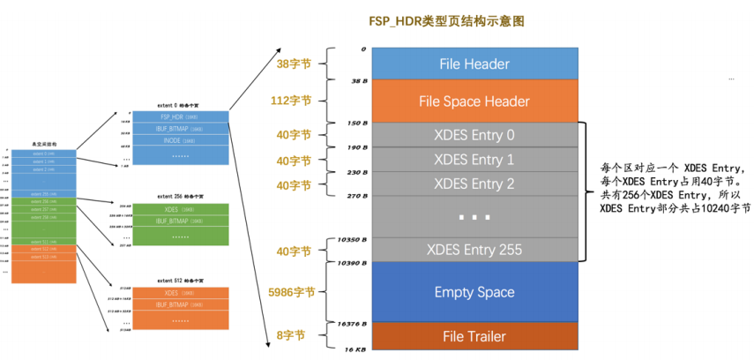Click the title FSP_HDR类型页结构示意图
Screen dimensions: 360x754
point(474,19)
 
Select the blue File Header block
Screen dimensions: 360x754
point(474,64)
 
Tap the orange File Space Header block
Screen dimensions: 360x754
point(474,101)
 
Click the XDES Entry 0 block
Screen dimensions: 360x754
point(474,135)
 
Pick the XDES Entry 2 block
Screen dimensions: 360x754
point(474,184)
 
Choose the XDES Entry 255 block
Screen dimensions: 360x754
point(474,250)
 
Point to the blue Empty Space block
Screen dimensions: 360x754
point(474,292)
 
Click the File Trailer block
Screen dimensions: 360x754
point(474,335)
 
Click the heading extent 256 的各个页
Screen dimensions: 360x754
point(178,196)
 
